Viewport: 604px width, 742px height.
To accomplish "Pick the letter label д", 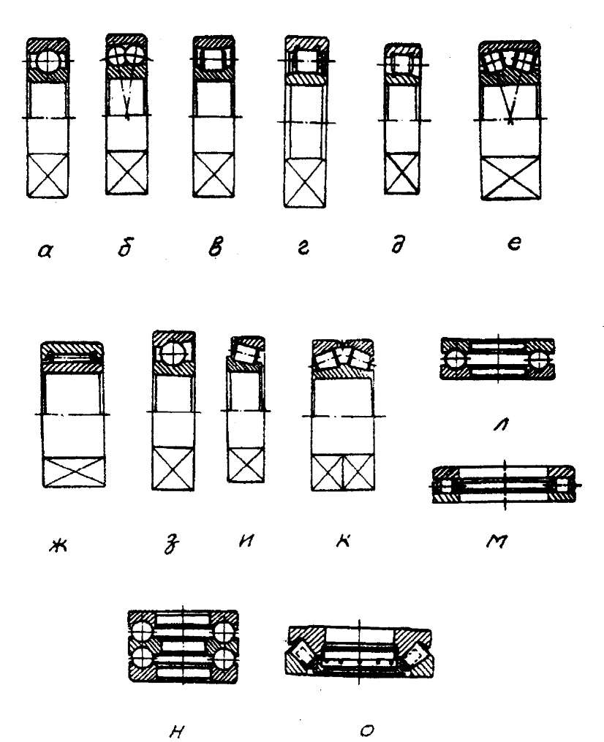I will tap(399, 249).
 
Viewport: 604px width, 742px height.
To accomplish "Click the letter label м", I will tap(498, 542).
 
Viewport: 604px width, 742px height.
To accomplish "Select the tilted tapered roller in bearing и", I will tap(244, 355).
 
